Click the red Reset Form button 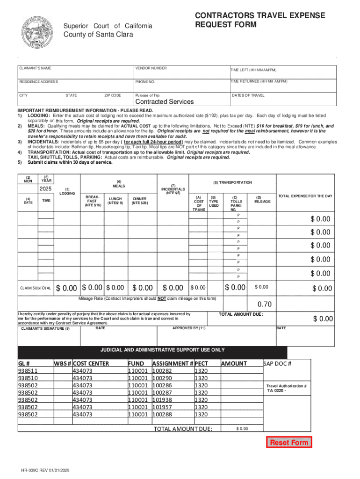289,442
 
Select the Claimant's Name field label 35,68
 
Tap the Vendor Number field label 151,68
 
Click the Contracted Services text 164,102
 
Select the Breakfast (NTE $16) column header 93,201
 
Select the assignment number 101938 162,400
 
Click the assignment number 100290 162,378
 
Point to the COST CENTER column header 91,363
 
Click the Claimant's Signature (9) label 45,329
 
